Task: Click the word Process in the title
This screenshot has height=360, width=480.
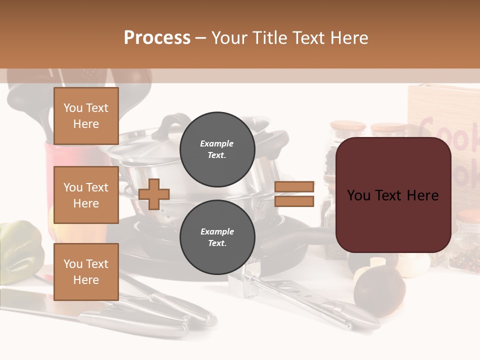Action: pos(157,38)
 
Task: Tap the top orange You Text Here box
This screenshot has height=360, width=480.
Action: pos(86,116)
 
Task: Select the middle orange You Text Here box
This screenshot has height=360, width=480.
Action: pos(86,195)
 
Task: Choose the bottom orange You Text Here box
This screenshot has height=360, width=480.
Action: pos(86,272)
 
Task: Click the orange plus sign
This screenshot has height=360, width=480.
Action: pos(154,194)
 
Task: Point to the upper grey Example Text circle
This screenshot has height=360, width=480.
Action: pos(217,149)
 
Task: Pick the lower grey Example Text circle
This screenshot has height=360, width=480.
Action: pos(217,237)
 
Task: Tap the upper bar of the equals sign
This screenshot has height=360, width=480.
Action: pos(294,187)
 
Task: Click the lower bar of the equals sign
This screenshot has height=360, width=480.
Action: pos(294,201)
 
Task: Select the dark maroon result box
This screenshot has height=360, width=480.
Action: pos(393,195)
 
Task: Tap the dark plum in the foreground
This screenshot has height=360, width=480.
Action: pos(379,290)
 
